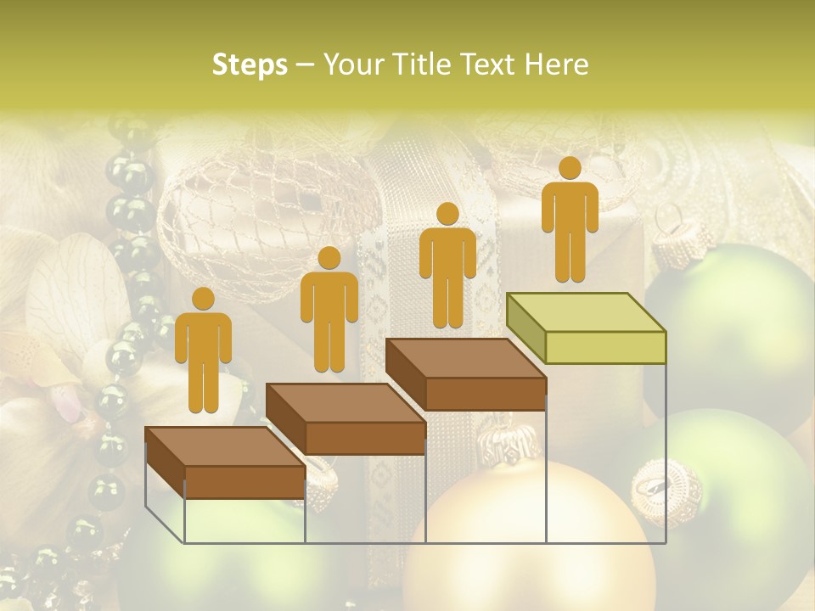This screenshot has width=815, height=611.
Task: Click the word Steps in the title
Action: (250, 64)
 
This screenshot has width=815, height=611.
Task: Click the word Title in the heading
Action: (416, 64)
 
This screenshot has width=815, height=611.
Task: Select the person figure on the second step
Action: (329, 310)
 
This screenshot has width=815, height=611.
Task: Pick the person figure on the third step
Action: (447, 265)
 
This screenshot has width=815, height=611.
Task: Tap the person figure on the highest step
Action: (570, 219)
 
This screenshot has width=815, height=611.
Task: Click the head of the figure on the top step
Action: (570, 168)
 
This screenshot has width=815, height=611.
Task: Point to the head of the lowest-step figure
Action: (203, 299)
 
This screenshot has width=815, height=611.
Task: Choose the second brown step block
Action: (346, 419)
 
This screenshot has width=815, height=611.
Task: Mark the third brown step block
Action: (466, 375)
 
